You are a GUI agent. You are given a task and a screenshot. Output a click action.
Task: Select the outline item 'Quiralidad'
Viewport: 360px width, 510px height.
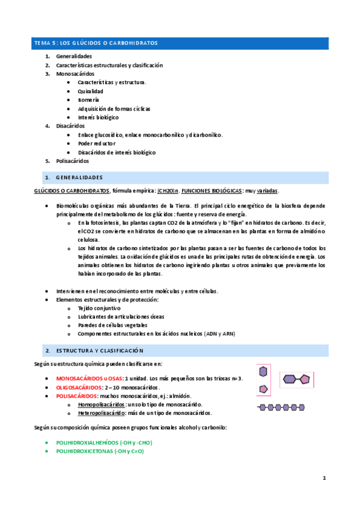91,91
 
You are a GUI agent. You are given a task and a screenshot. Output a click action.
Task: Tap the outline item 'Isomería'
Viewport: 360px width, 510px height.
88,100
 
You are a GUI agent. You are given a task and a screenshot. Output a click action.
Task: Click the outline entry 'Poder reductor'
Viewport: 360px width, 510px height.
97,144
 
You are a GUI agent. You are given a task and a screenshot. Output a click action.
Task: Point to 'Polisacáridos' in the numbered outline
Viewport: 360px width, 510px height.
73,161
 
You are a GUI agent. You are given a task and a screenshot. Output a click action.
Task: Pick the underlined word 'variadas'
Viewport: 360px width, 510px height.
267,191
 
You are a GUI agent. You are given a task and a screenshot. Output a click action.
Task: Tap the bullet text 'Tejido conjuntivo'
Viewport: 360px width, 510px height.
99,308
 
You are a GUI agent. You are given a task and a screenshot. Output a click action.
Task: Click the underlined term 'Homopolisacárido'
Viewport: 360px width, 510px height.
101,405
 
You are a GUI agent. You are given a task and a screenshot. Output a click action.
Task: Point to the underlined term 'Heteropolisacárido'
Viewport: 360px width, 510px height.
102,413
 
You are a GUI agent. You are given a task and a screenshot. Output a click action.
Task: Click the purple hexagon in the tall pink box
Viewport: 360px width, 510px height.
263,372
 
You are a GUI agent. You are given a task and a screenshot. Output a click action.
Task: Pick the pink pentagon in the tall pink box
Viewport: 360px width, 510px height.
263,389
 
